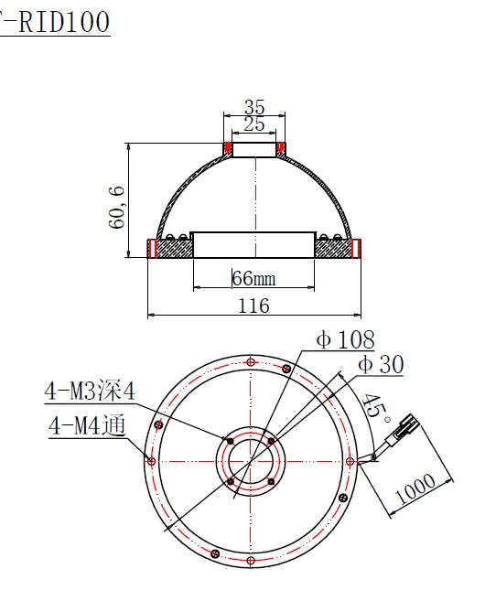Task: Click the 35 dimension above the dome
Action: [x=253, y=107]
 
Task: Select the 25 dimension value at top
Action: [x=253, y=123]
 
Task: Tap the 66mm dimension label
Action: [x=253, y=278]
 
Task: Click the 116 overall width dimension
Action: [x=253, y=306]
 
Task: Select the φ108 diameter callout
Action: [x=345, y=340]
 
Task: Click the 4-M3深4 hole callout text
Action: [x=91, y=392]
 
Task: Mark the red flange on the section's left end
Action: [x=153, y=248]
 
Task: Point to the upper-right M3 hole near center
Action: [x=272, y=440]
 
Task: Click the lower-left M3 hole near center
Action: [x=230, y=481]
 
